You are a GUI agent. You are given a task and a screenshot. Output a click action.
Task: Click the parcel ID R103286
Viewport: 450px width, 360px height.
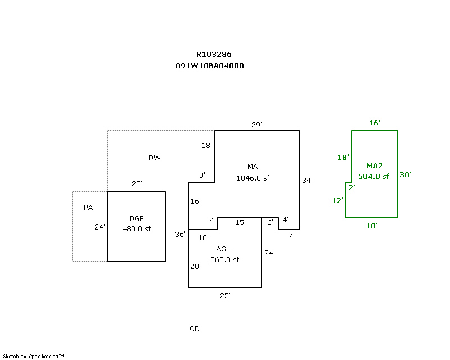(x=214, y=55)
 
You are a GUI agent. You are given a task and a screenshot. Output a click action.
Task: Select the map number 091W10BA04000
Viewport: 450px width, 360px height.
(x=210, y=65)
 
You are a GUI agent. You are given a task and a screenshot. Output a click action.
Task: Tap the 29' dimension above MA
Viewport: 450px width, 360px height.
(x=256, y=124)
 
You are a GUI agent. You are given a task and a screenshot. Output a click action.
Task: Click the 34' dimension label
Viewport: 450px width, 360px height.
(x=307, y=180)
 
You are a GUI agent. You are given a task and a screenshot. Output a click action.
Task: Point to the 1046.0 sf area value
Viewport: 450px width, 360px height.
(x=253, y=178)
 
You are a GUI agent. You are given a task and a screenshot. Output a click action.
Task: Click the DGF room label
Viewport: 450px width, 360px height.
(x=137, y=218)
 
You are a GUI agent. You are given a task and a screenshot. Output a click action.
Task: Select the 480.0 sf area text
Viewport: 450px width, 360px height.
(x=137, y=228)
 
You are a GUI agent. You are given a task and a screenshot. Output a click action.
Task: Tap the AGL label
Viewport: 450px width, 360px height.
(x=223, y=249)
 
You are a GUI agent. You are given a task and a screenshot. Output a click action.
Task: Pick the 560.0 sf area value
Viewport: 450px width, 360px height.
(x=225, y=259)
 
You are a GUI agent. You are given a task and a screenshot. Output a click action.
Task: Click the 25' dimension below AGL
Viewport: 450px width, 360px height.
(x=225, y=295)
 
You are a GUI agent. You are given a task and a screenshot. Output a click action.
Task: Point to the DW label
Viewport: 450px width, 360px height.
(x=155, y=158)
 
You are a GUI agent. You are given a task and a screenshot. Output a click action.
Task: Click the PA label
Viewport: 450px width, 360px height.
(x=88, y=208)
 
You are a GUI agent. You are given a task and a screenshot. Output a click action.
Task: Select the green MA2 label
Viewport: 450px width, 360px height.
(x=375, y=166)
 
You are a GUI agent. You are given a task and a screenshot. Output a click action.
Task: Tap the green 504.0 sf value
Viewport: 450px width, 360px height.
(x=373, y=176)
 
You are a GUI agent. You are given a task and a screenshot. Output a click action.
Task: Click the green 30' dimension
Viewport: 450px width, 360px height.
(x=406, y=174)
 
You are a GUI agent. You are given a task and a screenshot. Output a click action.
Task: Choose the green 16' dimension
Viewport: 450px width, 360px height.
(x=375, y=123)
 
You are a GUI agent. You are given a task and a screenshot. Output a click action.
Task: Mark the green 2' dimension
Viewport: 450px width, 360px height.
(x=352, y=187)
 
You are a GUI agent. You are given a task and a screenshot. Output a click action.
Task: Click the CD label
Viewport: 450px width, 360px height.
(x=195, y=329)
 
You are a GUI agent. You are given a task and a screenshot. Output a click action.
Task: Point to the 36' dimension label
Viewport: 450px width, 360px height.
(x=180, y=234)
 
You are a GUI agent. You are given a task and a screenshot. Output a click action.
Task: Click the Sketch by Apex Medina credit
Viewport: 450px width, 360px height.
(x=34, y=356)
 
